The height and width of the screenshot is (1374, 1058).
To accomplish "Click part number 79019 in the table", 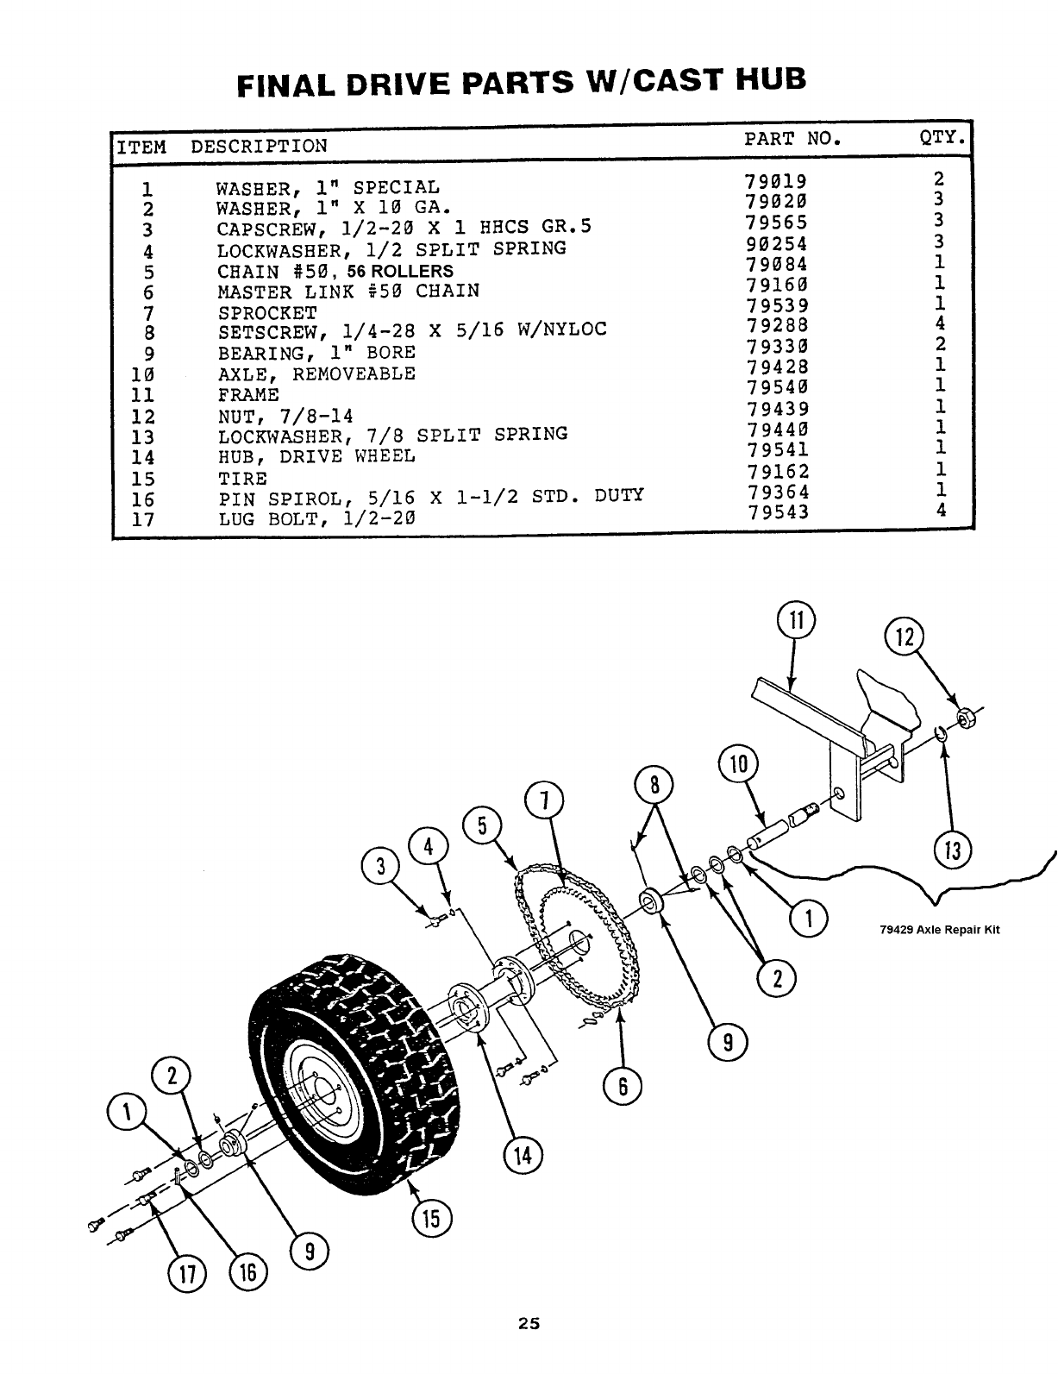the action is [775, 181].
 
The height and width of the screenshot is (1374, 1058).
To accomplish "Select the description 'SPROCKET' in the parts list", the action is [267, 312].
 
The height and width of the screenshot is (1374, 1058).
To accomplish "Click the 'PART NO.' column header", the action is [791, 138].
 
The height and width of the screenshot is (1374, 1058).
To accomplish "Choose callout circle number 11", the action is [796, 622].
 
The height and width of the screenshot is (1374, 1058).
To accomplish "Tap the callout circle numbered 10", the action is [737, 765].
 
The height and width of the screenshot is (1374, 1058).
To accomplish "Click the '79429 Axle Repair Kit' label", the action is [939, 930].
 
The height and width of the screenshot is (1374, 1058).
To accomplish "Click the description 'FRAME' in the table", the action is [248, 395].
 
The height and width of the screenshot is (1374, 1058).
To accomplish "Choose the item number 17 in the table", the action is [142, 520].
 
